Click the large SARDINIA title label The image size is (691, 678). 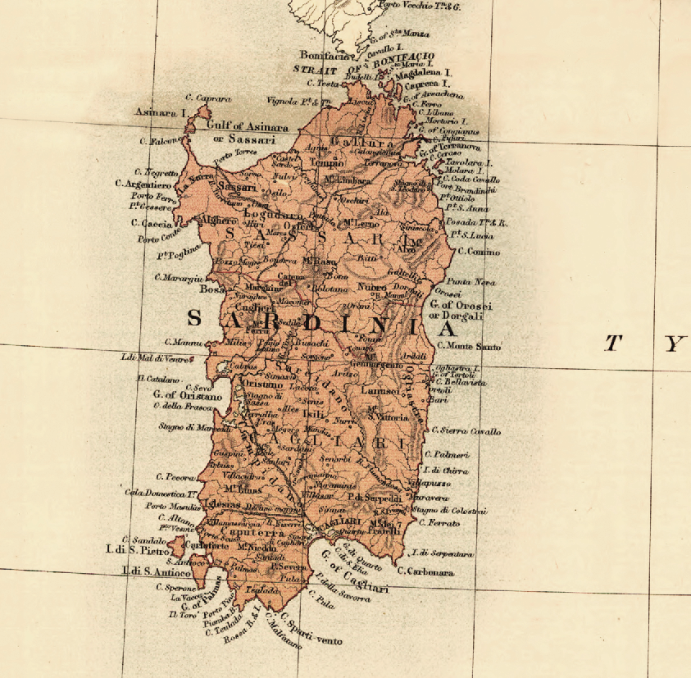(x=320, y=323)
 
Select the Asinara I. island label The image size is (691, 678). (x=160, y=111)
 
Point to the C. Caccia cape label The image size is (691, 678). (x=156, y=223)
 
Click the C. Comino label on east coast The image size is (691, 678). (x=478, y=252)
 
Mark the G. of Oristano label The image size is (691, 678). (x=187, y=396)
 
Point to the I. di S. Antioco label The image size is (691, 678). (x=156, y=571)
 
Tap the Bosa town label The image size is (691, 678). (x=211, y=289)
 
